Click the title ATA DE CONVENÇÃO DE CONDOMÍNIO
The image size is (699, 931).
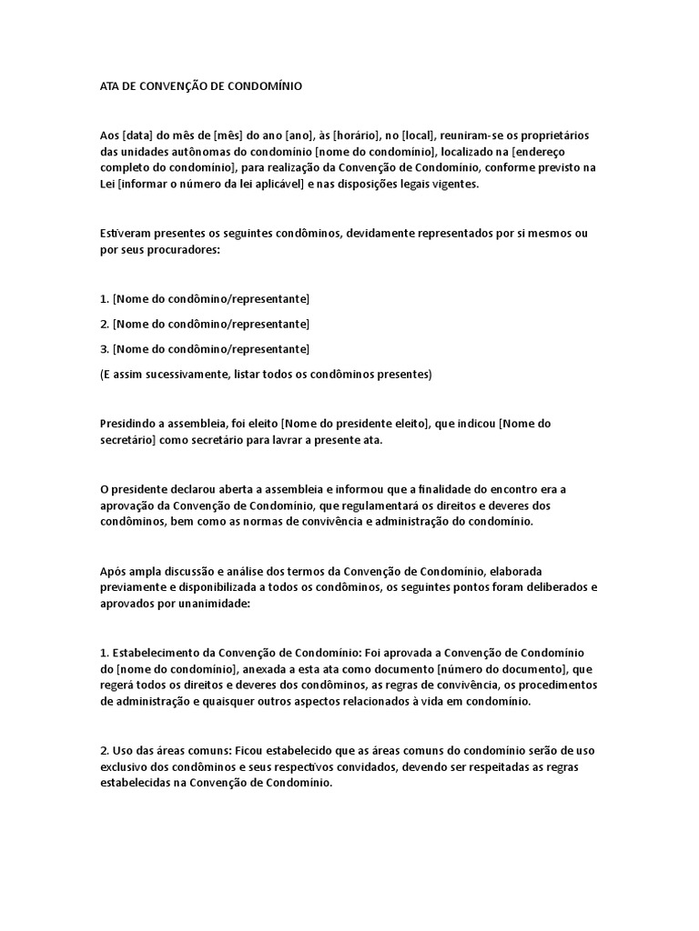pos(199,86)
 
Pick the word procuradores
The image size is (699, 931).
pos(175,249)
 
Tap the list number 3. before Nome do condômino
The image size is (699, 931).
pos(104,348)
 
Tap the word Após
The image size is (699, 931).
pos(113,571)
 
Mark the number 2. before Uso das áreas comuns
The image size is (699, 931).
pos(104,752)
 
